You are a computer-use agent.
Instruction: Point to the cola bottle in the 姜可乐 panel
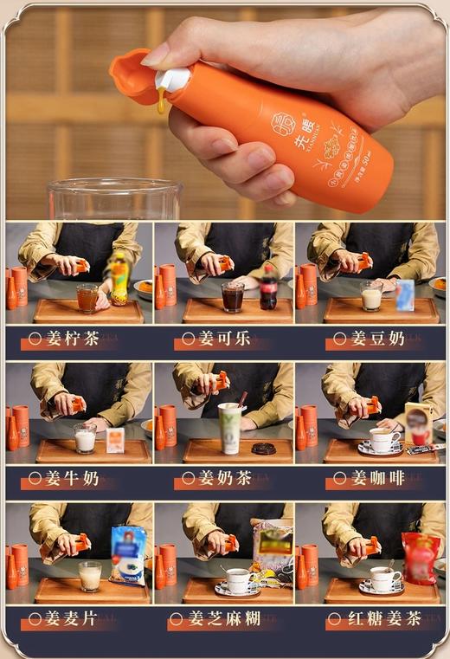click(268, 288)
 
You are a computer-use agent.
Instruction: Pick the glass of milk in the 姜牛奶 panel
click(85, 438)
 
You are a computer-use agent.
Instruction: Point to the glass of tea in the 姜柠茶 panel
click(87, 299)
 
